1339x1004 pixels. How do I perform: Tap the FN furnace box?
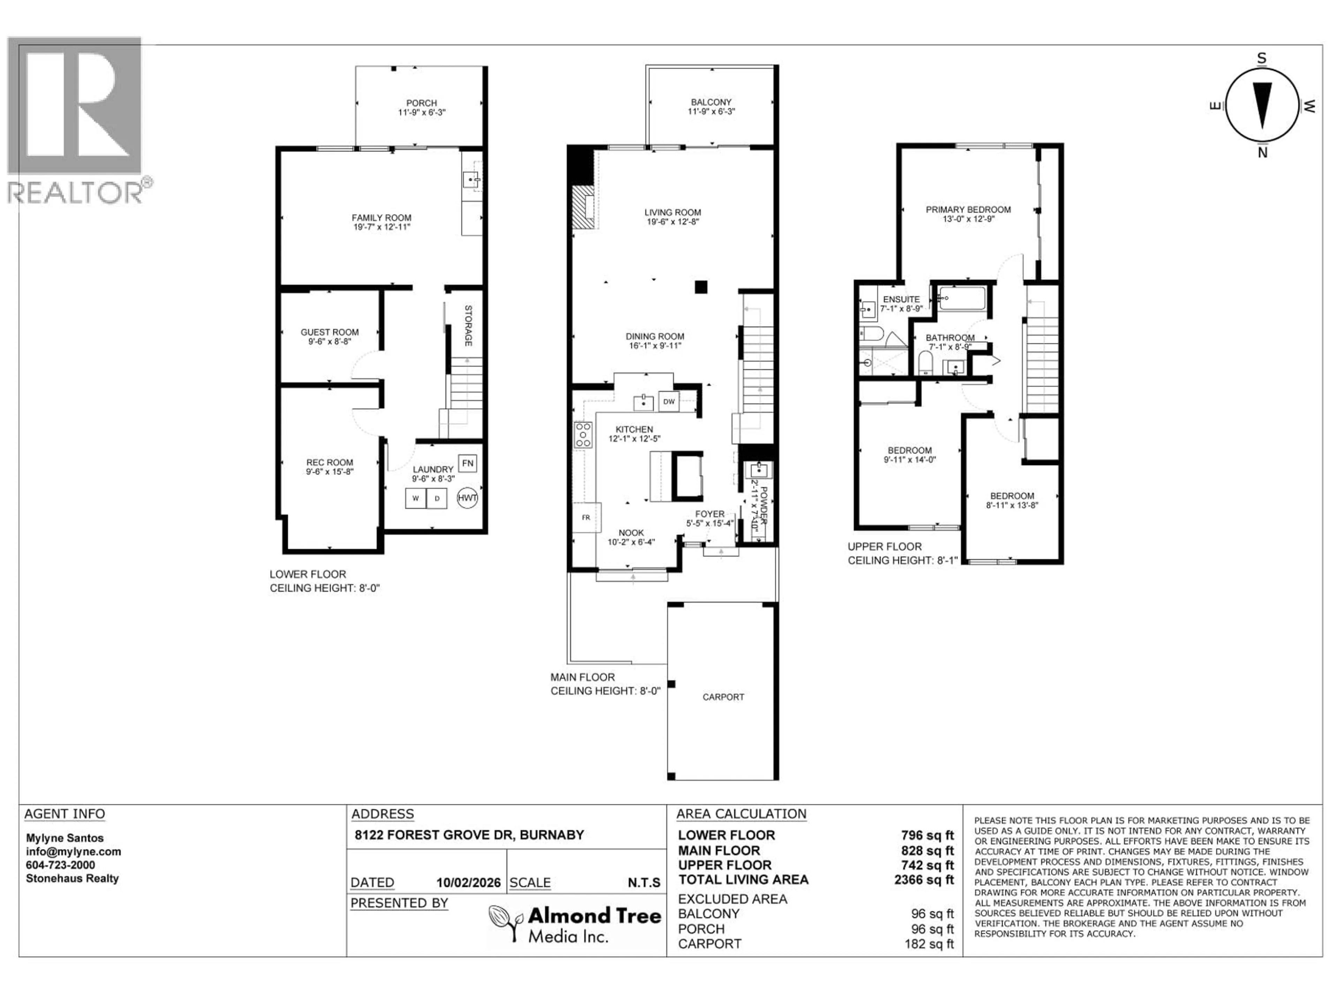(467, 464)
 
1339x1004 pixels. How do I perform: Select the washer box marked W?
(416, 499)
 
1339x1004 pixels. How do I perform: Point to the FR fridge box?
(586, 517)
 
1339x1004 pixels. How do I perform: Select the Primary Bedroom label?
(968, 210)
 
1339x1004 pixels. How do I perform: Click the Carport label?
(723, 697)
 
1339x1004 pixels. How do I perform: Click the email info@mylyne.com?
(73, 852)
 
